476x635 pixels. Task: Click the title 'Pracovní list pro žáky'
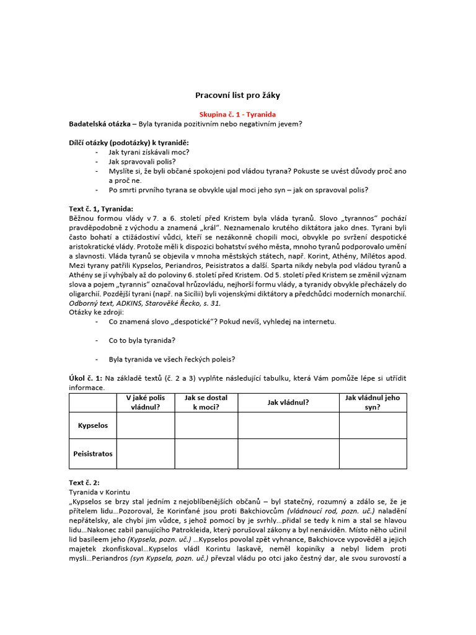click(x=237, y=95)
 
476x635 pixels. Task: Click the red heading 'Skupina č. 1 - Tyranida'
click(x=237, y=115)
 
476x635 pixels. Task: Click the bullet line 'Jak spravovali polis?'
click(x=142, y=161)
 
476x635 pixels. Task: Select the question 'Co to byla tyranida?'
click(x=142, y=340)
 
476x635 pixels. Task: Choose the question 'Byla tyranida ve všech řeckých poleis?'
click(x=172, y=359)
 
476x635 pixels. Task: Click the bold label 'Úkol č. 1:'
click(x=86, y=378)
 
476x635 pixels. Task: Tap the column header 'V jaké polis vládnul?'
click(x=145, y=402)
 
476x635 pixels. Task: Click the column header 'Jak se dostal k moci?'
click(x=206, y=402)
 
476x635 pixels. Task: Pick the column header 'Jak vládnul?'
click(x=288, y=402)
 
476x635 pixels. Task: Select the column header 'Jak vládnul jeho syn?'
click(x=372, y=402)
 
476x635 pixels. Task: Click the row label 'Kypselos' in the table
click(x=93, y=426)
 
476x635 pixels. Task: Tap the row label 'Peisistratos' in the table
click(x=93, y=453)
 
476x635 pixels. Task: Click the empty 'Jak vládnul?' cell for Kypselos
click(x=288, y=426)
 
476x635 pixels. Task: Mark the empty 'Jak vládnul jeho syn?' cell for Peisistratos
click(x=372, y=453)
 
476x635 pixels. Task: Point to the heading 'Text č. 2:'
click(x=84, y=482)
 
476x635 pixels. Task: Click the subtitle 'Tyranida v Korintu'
click(x=100, y=492)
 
